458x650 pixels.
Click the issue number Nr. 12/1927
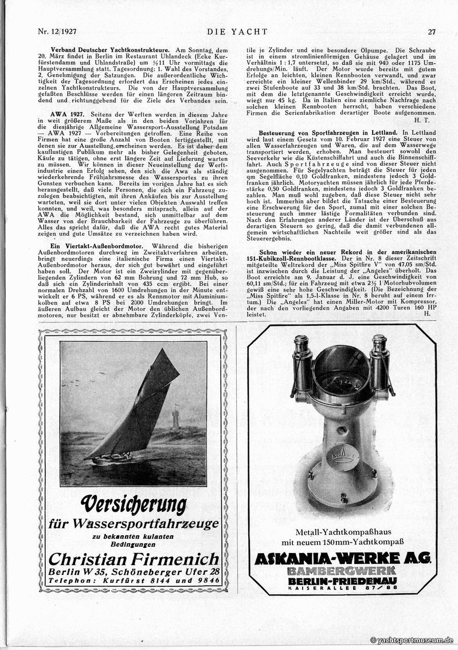click(x=56, y=32)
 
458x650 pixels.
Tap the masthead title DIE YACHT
click(x=228, y=32)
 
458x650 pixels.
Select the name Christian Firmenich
click(x=134, y=558)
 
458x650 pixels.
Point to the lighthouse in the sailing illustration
click(x=175, y=418)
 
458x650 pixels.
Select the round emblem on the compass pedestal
click(x=342, y=457)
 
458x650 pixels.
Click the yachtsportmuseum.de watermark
click(x=412, y=640)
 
